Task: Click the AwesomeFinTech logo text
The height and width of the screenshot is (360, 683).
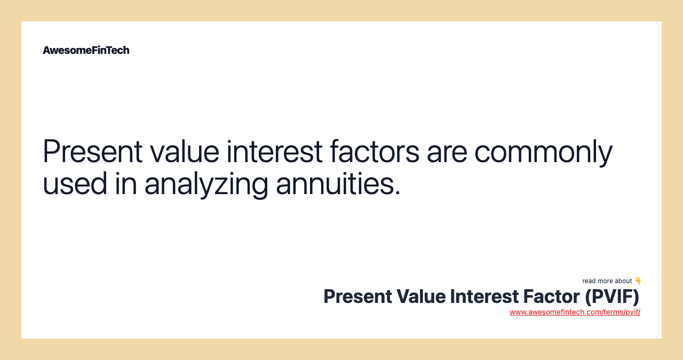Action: point(86,50)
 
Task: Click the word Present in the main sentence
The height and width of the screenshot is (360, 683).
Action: point(92,151)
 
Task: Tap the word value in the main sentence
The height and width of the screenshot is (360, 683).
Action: point(184,151)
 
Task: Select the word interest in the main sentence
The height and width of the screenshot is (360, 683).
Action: point(274,151)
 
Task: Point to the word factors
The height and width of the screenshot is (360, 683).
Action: point(375,151)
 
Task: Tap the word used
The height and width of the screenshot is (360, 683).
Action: point(75,184)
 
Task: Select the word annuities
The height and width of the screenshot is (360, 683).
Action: point(334,184)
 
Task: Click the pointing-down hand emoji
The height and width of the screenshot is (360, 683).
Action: point(638,281)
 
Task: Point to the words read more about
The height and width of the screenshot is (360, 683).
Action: point(607,281)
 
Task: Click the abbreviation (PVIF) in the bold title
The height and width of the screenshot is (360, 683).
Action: point(612,297)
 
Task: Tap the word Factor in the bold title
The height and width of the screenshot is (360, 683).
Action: point(551,297)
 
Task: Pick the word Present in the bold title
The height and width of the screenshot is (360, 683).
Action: point(358,297)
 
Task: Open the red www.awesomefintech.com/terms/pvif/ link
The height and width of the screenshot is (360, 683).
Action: point(575,313)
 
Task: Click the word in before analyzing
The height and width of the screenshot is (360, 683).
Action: point(125,184)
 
